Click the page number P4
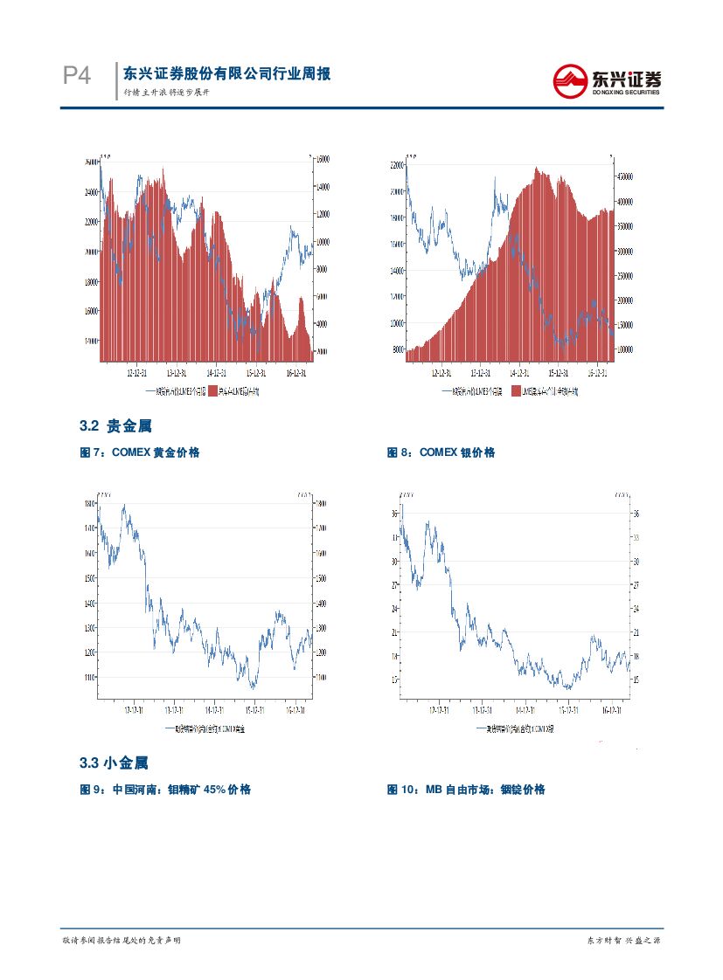pyautogui.click(x=77, y=77)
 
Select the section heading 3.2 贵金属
pyautogui.click(x=115, y=426)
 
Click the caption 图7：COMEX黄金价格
pyautogui.click(x=140, y=452)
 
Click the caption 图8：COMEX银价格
pyautogui.click(x=441, y=452)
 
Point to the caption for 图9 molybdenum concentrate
pyautogui.click(x=165, y=790)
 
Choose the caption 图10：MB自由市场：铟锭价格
pyautogui.click(x=466, y=790)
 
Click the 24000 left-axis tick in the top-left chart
pyautogui.click(x=91, y=192)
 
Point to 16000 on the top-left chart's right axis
pyautogui.click(x=321, y=159)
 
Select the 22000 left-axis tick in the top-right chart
pyautogui.click(x=397, y=165)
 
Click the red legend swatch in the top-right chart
pyautogui.click(x=516, y=391)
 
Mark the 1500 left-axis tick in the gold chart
pyautogui.click(x=90, y=578)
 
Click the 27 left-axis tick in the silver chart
pyautogui.click(x=395, y=584)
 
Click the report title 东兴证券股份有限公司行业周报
pyautogui.click(x=226, y=74)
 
